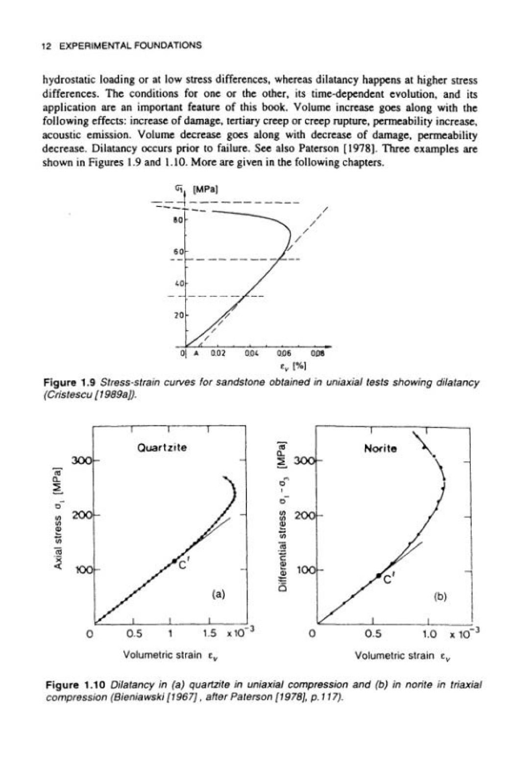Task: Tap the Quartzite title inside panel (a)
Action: (162, 447)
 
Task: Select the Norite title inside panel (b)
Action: (381, 448)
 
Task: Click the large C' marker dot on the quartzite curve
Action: (175, 561)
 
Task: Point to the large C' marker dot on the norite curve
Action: (379, 576)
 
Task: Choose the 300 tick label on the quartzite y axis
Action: (79, 460)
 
